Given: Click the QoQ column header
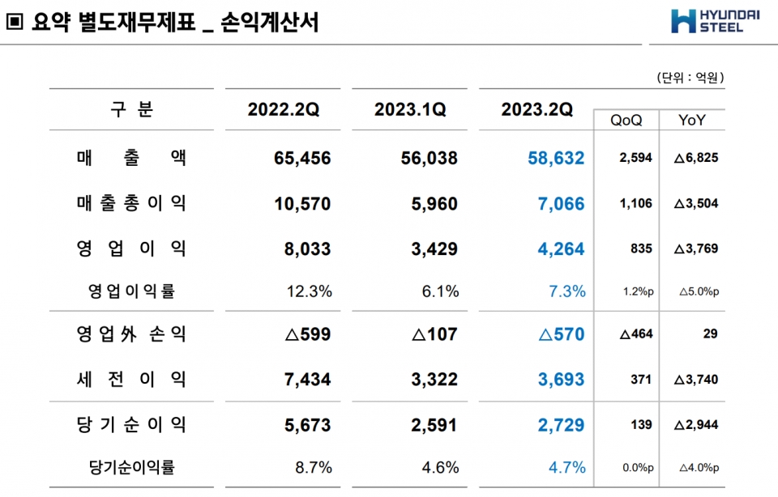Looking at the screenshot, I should click(626, 121).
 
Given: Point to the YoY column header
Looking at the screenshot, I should click(691, 121).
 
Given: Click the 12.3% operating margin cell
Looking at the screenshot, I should click(310, 291).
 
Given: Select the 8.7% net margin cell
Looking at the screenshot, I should click(314, 467).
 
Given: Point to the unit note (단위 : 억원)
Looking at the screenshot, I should click(690, 78).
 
